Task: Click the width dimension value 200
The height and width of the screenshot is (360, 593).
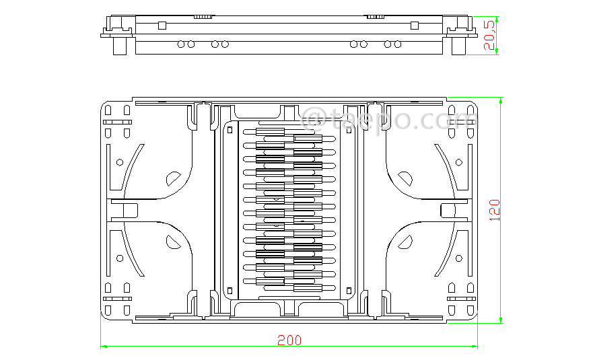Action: click(289, 340)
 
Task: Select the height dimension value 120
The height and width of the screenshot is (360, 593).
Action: click(494, 210)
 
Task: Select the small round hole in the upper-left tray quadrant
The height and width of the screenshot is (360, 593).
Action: click(120, 162)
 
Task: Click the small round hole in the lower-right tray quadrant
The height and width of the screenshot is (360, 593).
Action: click(458, 258)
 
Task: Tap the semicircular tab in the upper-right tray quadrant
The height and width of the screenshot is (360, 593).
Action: click(405, 179)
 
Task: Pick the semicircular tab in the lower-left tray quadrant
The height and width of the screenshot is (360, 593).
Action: click(173, 242)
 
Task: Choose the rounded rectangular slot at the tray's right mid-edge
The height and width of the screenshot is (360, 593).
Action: click(448, 210)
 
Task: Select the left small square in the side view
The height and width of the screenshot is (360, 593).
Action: click(162, 25)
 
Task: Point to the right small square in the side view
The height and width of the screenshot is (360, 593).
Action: click(415, 25)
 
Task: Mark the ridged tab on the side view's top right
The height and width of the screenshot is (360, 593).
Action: click(375, 15)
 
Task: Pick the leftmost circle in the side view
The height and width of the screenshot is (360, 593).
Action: click(181, 44)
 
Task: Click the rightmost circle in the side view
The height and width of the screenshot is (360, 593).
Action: click(398, 44)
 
